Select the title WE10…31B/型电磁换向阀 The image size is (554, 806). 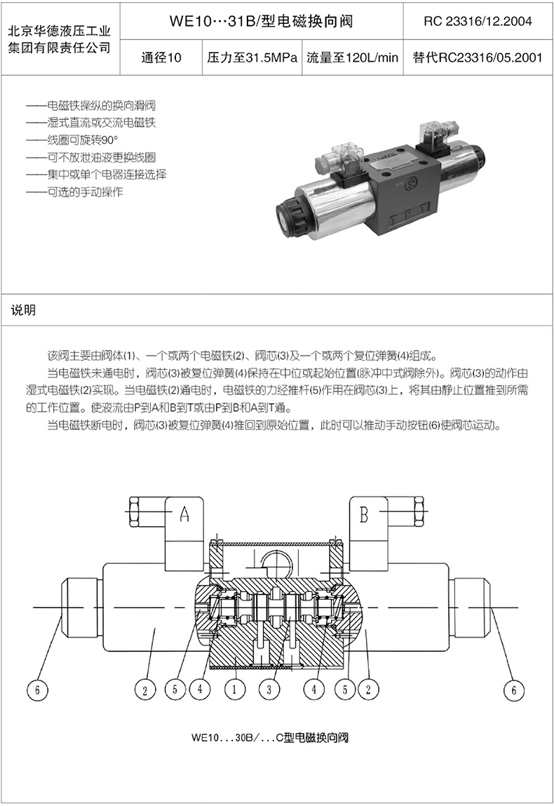click(261, 21)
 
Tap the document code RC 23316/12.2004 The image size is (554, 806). click(478, 21)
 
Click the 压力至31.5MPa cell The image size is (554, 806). click(252, 58)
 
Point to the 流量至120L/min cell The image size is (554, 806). click(352, 58)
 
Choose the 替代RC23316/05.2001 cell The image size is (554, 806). click(478, 58)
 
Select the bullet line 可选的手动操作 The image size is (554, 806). click(84, 192)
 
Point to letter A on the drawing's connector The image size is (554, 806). click(184, 516)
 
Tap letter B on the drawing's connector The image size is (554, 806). click(364, 516)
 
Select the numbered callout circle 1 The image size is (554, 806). click(235, 690)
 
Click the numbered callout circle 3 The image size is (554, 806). click(269, 690)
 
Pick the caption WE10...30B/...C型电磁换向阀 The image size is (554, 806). click(269, 738)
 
